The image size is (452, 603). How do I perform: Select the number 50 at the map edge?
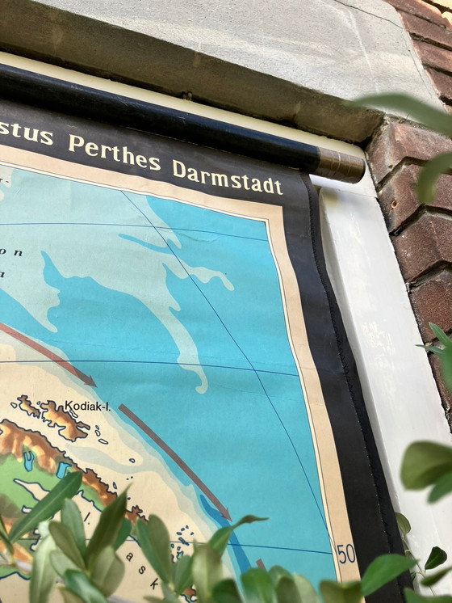pyautogui.click(x=346, y=554)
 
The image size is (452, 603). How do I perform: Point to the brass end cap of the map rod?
pyautogui.click(x=339, y=165)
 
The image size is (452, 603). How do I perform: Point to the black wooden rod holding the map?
pyautogui.click(x=161, y=113)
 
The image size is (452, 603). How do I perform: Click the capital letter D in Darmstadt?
pyautogui.click(x=179, y=168)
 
